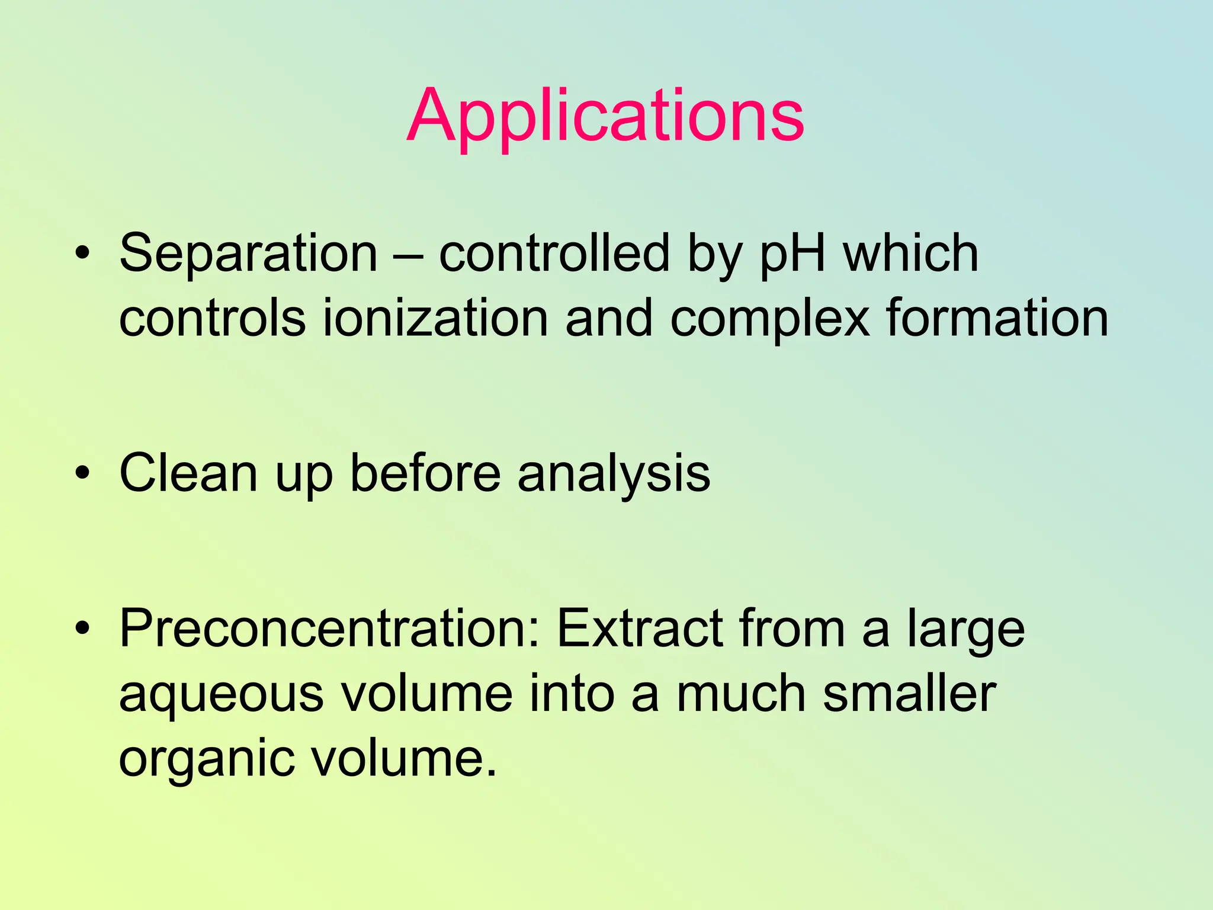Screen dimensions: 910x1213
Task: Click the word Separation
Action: (x=248, y=254)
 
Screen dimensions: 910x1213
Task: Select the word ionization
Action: (x=435, y=318)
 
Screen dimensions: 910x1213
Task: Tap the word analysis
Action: (x=614, y=474)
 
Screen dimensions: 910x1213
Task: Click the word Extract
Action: (x=640, y=629)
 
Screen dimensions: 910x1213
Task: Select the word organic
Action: (x=206, y=760)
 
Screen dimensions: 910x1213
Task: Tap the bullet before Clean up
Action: (x=83, y=473)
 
